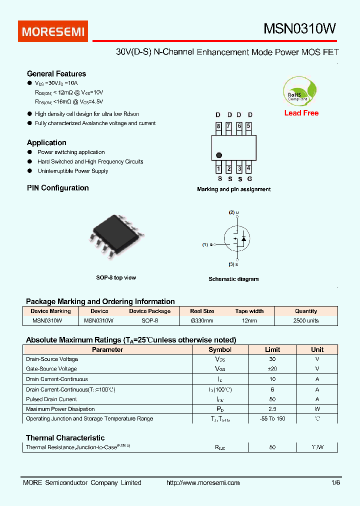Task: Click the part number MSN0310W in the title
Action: (x=299, y=29)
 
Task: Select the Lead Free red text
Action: (x=301, y=113)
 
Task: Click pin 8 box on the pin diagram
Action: (x=218, y=126)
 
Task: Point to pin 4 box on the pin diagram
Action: (x=248, y=169)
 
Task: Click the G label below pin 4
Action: (x=249, y=179)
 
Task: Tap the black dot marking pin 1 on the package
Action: (x=218, y=155)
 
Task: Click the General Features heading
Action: (x=56, y=73)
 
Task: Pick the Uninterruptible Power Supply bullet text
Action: (x=73, y=171)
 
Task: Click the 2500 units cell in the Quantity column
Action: (x=305, y=320)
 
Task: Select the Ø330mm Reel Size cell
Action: (x=202, y=320)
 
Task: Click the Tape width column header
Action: (x=249, y=311)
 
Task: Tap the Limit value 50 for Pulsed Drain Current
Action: (x=272, y=399)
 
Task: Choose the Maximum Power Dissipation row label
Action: (x=60, y=409)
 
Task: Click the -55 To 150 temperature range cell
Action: (x=272, y=418)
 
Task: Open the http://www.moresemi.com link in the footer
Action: (x=202, y=482)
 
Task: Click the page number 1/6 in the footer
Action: (x=335, y=482)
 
